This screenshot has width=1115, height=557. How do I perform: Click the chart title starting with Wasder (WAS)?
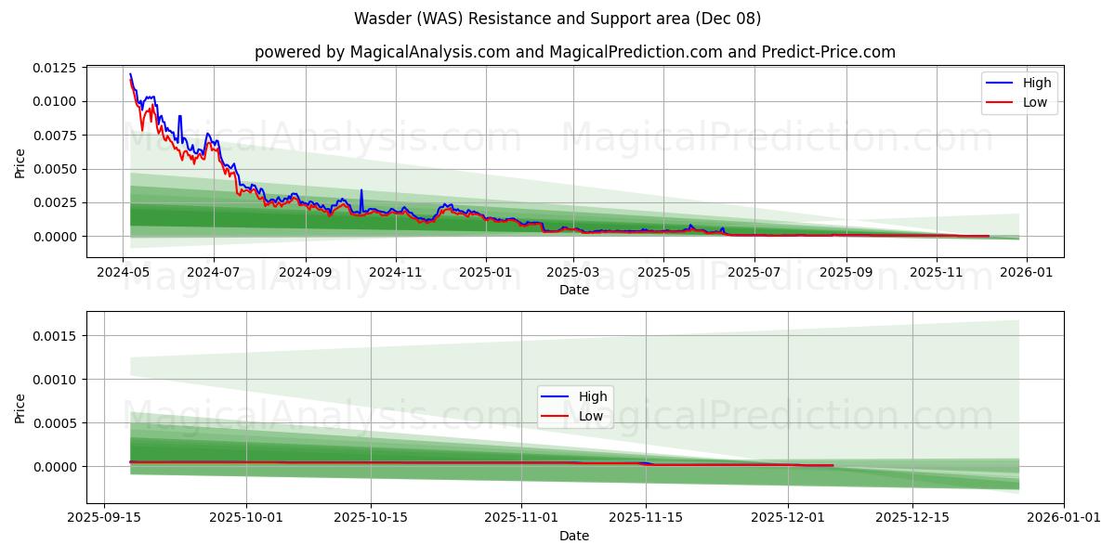click(557, 19)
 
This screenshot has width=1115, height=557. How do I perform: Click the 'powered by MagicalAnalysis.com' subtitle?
click(575, 52)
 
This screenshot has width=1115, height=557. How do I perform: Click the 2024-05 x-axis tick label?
click(124, 273)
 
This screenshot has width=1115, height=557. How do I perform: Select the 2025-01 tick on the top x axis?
click(485, 273)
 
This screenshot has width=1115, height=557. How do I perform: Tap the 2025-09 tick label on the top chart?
click(846, 273)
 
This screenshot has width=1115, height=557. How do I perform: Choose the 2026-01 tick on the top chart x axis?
click(1028, 273)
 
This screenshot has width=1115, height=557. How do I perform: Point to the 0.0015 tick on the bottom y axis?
click(57, 336)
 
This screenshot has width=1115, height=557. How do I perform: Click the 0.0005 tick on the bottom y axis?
click(57, 423)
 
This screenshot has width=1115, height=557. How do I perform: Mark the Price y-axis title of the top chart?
click(20, 162)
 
